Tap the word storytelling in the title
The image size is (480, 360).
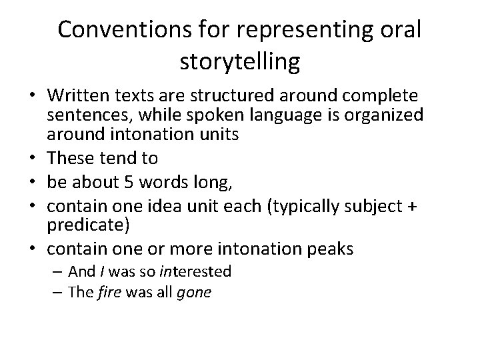tap(239, 62)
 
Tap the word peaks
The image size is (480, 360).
tap(331, 248)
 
